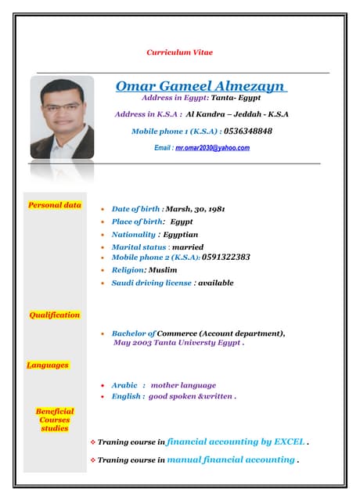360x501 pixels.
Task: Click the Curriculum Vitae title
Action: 179,52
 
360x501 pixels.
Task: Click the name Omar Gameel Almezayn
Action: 201,85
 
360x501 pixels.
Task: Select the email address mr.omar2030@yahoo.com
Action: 212,147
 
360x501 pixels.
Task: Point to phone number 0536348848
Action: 248,131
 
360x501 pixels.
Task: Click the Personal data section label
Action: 55,205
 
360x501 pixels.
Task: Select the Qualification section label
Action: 55,315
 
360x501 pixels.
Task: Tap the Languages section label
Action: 48,365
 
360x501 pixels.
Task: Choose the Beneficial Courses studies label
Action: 55,420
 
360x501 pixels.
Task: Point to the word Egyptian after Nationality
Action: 181,234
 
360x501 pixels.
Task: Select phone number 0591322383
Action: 225,257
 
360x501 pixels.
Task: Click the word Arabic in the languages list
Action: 124,385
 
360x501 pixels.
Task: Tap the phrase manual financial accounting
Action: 230,460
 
